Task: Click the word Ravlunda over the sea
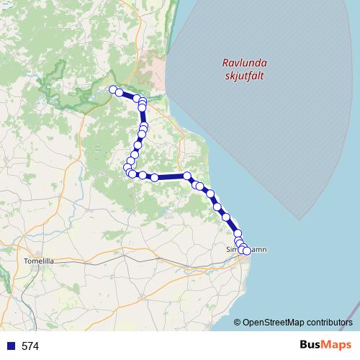(x=241, y=62)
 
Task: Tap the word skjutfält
(x=241, y=75)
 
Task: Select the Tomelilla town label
(x=39, y=261)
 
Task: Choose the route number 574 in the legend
(x=30, y=346)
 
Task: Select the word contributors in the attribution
(x=329, y=322)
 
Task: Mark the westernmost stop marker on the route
(x=112, y=89)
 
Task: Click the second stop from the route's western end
(x=120, y=92)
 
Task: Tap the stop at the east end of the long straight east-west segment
(x=187, y=176)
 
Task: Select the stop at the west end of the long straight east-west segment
(x=154, y=177)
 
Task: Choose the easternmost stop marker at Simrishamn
(x=247, y=251)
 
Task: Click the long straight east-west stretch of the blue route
(x=171, y=176)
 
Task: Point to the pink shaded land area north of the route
(x=152, y=68)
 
